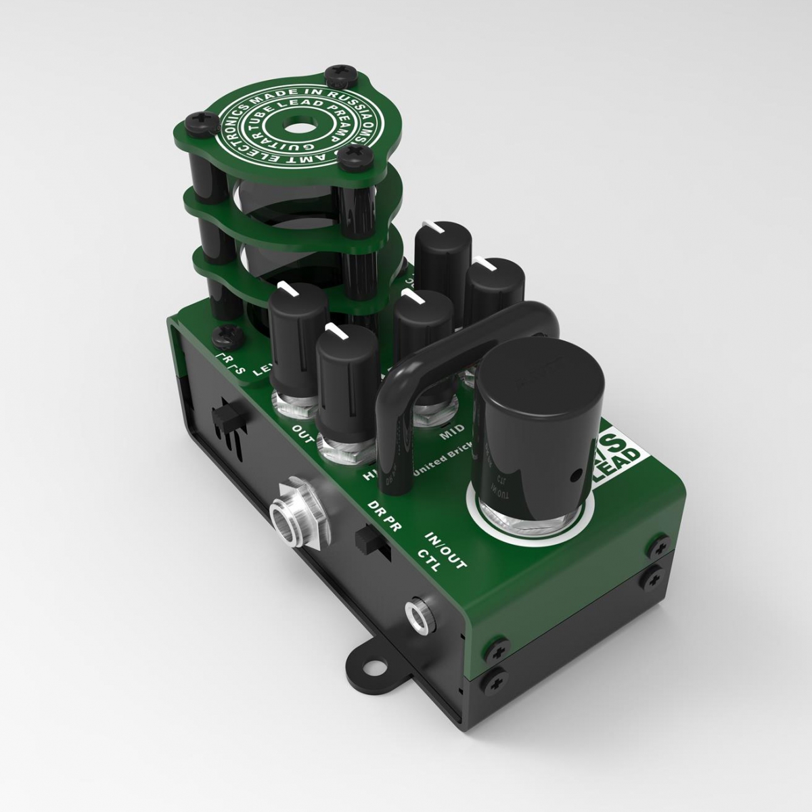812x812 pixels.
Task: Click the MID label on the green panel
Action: [x=452, y=433]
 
